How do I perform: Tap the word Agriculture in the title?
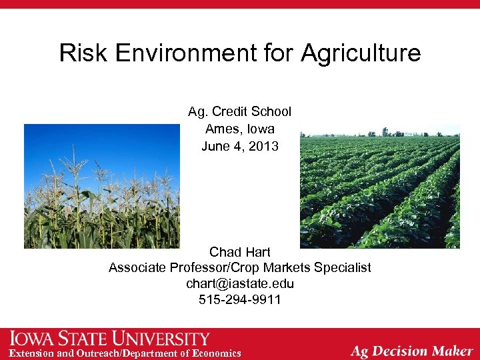361,53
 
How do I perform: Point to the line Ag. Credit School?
239,111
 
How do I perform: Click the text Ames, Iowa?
239,128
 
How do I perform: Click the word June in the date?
215,145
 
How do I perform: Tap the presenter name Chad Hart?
239,252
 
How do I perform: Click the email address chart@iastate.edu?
239,283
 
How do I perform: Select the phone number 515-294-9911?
239,299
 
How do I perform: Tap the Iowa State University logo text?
110,339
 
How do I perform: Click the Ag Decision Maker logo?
411,350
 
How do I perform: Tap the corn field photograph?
101,186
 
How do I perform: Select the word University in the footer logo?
163,339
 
